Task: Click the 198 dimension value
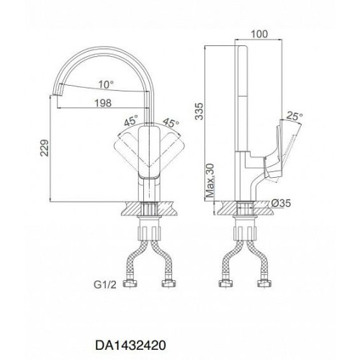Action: (x=103, y=103)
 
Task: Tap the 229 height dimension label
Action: (x=45, y=148)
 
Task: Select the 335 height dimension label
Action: (x=199, y=111)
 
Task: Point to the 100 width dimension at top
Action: (x=259, y=34)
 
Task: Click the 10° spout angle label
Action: (x=106, y=84)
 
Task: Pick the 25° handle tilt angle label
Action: (x=294, y=117)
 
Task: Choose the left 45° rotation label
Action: (x=132, y=120)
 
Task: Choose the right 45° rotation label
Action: (x=171, y=123)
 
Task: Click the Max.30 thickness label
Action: (x=210, y=181)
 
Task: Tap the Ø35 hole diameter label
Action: (x=281, y=203)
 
